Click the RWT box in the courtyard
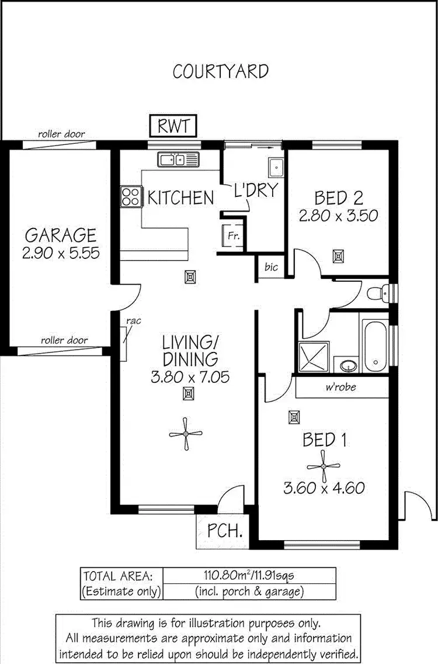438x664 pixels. (x=173, y=125)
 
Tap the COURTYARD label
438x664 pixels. (x=221, y=71)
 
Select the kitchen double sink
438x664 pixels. (x=178, y=158)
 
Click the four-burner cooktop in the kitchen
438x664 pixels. (x=130, y=196)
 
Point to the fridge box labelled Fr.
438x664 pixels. (x=232, y=236)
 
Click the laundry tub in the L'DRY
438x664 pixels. (x=276, y=168)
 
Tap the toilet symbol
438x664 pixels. (x=381, y=290)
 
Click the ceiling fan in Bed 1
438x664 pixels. (x=324, y=466)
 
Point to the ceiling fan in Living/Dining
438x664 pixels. (x=186, y=434)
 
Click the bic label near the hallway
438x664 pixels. (x=271, y=268)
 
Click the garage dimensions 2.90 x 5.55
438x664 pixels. (x=61, y=253)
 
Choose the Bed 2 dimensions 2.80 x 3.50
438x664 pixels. (x=339, y=216)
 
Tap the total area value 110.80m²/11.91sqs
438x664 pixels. (x=249, y=576)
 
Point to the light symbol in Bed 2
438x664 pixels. (x=338, y=255)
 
